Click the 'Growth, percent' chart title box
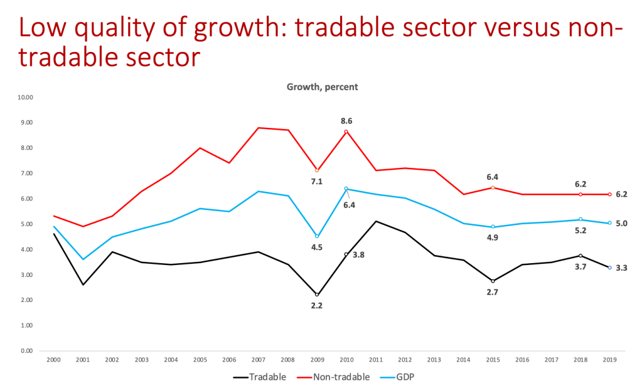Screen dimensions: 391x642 (x=323, y=87)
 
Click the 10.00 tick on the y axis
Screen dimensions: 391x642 (x=26, y=97)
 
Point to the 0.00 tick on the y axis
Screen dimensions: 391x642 (x=26, y=350)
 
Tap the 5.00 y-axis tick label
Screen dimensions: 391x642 (x=26, y=224)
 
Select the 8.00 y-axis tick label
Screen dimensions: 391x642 (x=26, y=148)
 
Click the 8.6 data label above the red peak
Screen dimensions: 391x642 (x=346, y=121)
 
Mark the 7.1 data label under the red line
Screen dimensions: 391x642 (x=317, y=182)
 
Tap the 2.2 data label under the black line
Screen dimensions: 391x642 (x=317, y=306)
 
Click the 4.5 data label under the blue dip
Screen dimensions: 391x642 (x=317, y=248)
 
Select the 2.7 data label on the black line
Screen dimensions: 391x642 (x=493, y=292)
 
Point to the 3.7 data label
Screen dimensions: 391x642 (x=580, y=266)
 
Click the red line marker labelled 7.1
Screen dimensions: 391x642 (x=317, y=170)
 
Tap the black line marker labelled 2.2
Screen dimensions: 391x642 (x=317, y=295)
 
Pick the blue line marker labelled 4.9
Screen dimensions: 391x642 (x=493, y=226)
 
